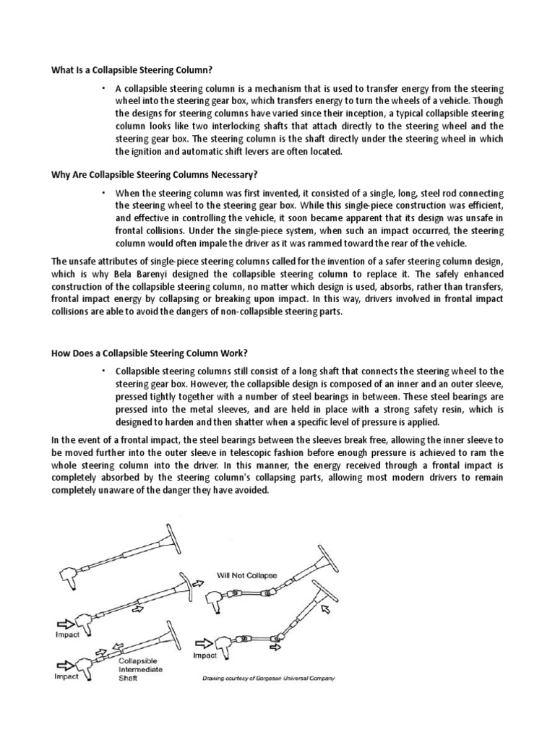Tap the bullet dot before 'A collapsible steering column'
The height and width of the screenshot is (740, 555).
(103, 87)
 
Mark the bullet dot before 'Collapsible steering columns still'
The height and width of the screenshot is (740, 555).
(103, 370)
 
